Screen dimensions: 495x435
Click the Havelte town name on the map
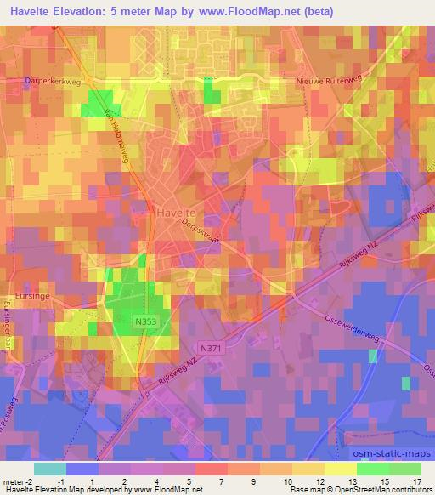tap(177, 212)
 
